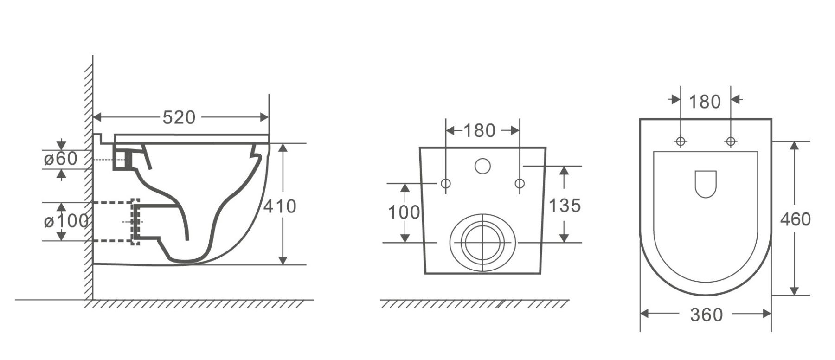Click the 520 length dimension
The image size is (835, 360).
(179, 118)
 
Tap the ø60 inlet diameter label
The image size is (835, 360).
(60, 159)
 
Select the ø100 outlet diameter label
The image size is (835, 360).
(66, 221)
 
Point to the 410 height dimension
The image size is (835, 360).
(280, 206)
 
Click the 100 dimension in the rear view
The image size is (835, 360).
(404, 212)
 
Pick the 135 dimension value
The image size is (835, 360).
(565, 205)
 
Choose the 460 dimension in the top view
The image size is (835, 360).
(795, 219)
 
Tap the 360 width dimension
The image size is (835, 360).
(706, 315)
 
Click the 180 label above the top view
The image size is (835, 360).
(705, 102)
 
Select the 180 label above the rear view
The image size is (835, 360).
(479, 131)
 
